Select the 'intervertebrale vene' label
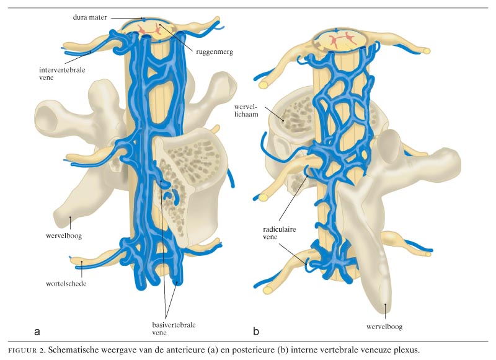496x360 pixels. coord(56,74)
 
